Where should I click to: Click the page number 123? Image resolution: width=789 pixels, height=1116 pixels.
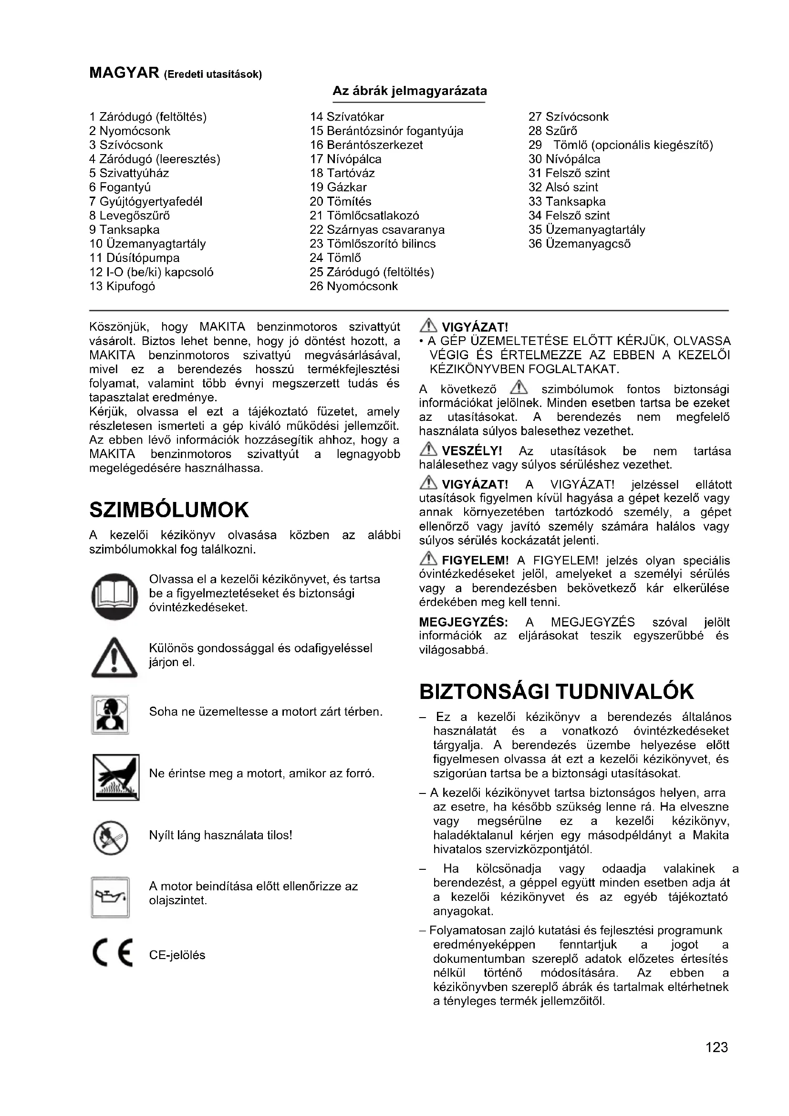click(x=716, y=1046)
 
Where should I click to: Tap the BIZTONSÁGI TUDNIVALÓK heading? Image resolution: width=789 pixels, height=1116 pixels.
click(x=556, y=692)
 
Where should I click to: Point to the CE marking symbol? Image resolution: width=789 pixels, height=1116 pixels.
click(x=112, y=955)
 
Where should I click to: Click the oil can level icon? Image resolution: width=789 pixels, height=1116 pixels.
click(x=110, y=897)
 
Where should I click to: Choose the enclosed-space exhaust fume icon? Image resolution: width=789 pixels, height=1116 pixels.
click(x=110, y=715)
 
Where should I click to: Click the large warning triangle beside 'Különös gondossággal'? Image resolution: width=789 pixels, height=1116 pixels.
click(x=114, y=657)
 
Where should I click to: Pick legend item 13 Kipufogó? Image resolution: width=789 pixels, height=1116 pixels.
click(x=123, y=286)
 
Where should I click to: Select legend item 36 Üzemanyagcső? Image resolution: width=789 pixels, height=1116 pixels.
click(x=580, y=243)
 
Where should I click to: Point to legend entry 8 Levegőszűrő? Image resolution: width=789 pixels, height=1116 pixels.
click(x=130, y=215)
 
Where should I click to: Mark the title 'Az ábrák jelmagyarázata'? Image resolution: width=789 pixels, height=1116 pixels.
click(x=410, y=91)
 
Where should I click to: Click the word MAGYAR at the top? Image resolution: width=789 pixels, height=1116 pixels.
click(x=125, y=73)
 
